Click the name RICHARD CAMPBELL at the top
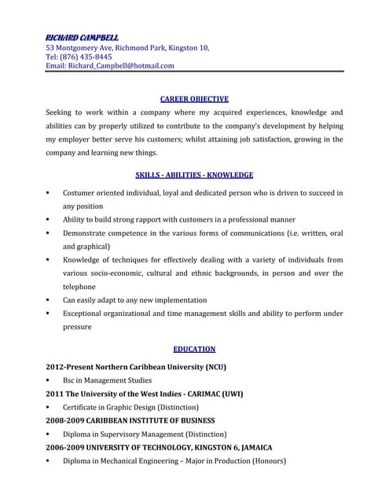83,37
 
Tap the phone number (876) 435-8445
86,57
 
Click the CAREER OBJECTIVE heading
194,99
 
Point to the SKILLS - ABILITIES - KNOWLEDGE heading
194,174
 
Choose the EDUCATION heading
194,349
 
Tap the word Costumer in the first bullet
82,193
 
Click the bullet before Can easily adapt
49,300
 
